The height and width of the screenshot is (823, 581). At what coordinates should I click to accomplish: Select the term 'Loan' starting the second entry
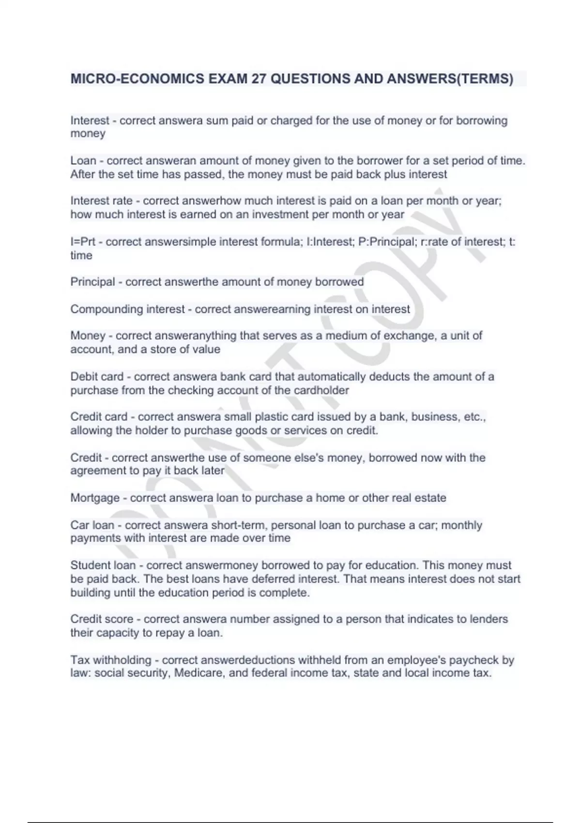pyautogui.click(x=83, y=161)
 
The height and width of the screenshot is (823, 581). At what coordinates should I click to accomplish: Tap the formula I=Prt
pyautogui.click(x=83, y=242)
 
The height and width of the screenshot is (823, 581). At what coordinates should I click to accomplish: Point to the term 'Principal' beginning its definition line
pyautogui.click(x=92, y=282)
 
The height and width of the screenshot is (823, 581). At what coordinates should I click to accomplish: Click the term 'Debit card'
pyautogui.click(x=97, y=377)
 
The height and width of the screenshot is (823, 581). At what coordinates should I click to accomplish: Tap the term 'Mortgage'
pyautogui.click(x=95, y=498)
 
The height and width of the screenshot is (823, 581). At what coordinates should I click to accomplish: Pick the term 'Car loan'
pyautogui.click(x=92, y=525)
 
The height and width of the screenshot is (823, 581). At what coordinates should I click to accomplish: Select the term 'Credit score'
pyautogui.click(x=102, y=619)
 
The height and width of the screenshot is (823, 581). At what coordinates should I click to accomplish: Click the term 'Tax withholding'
pyautogui.click(x=111, y=660)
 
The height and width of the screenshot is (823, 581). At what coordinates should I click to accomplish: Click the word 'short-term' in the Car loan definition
pyautogui.click(x=237, y=525)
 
